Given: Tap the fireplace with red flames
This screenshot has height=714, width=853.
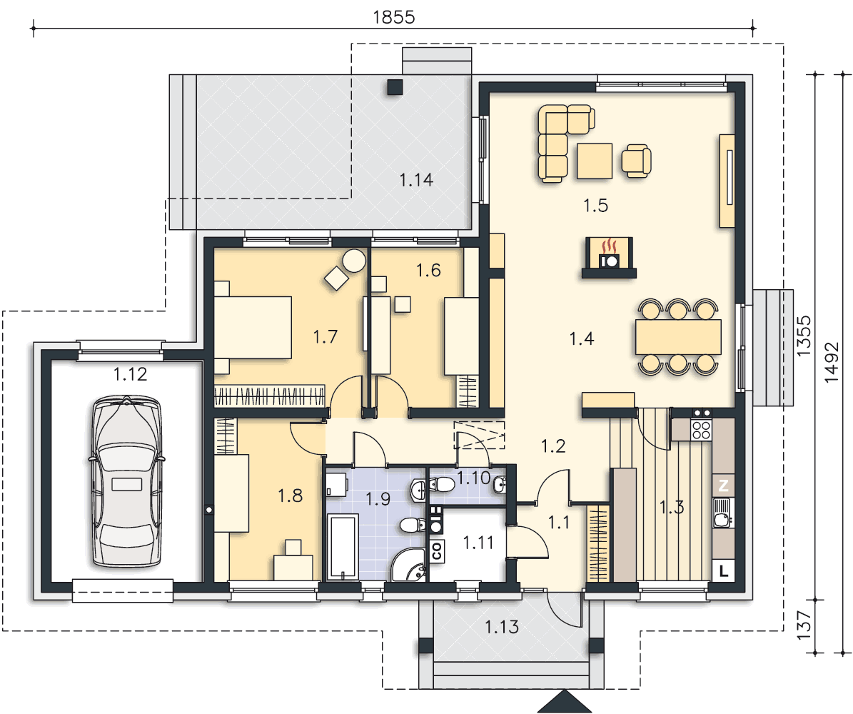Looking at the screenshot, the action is [x=610, y=258].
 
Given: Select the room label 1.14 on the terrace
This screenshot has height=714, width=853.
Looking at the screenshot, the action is [x=416, y=180].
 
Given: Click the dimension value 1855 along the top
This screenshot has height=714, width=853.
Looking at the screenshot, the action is [x=394, y=17].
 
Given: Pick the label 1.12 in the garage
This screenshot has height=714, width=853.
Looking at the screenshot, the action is [x=131, y=374].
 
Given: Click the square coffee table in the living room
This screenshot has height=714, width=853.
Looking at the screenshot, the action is [x=595, y=161].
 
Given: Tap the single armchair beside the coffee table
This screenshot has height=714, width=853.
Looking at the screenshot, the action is [x=637, y=161].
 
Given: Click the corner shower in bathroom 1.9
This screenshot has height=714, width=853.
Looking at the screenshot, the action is [x=408, y=565].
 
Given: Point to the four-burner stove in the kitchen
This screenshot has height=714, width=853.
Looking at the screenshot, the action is [x=701, y=430].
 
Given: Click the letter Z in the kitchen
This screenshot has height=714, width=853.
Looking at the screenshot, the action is [x=723, y=486].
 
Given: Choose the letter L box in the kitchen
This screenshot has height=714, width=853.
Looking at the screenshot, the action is [x=723, y=571].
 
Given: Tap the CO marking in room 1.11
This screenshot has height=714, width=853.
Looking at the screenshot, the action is [x=437, y=550].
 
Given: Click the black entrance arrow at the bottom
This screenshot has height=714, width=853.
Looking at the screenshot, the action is [x=564, y=702].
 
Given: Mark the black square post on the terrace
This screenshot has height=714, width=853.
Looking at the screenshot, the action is [x=395, y=88].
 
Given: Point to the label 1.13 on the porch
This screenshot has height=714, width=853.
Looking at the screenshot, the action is [x=502, y=627].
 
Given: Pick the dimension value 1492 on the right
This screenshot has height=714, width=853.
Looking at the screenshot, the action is [x=832, y=362].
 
